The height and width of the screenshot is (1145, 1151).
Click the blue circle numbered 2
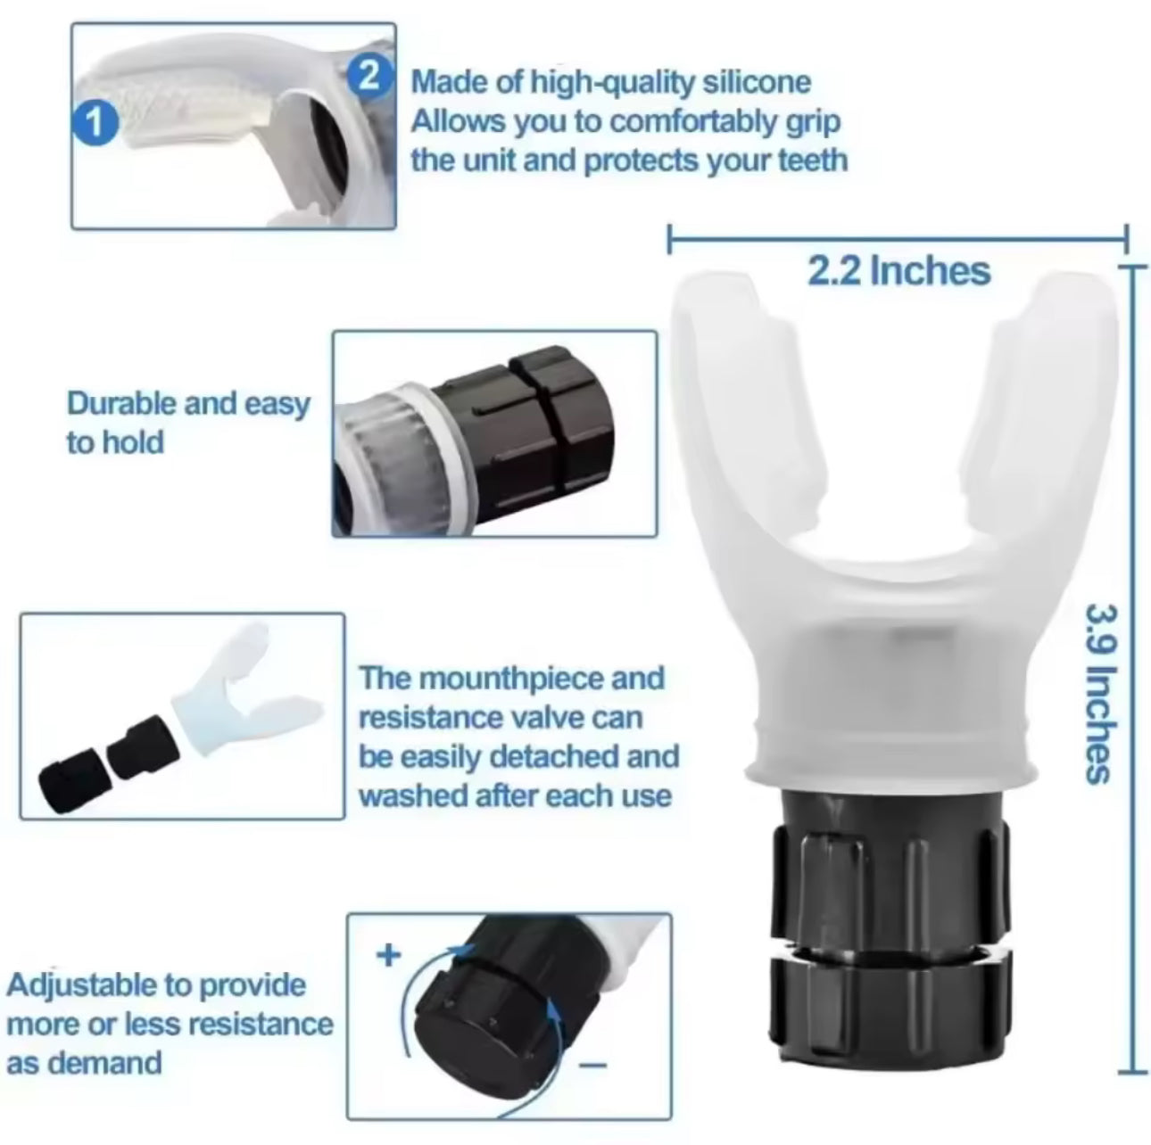(x=366, y=74)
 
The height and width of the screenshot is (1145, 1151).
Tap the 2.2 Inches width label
(x=898, y=270)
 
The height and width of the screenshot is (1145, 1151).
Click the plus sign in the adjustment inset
(x=388, y=955)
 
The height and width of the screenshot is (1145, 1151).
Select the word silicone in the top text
(x=757, y=82)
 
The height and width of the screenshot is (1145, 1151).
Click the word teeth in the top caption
(x=809, y=161)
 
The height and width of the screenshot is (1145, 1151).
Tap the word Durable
(x=120, y=403)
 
